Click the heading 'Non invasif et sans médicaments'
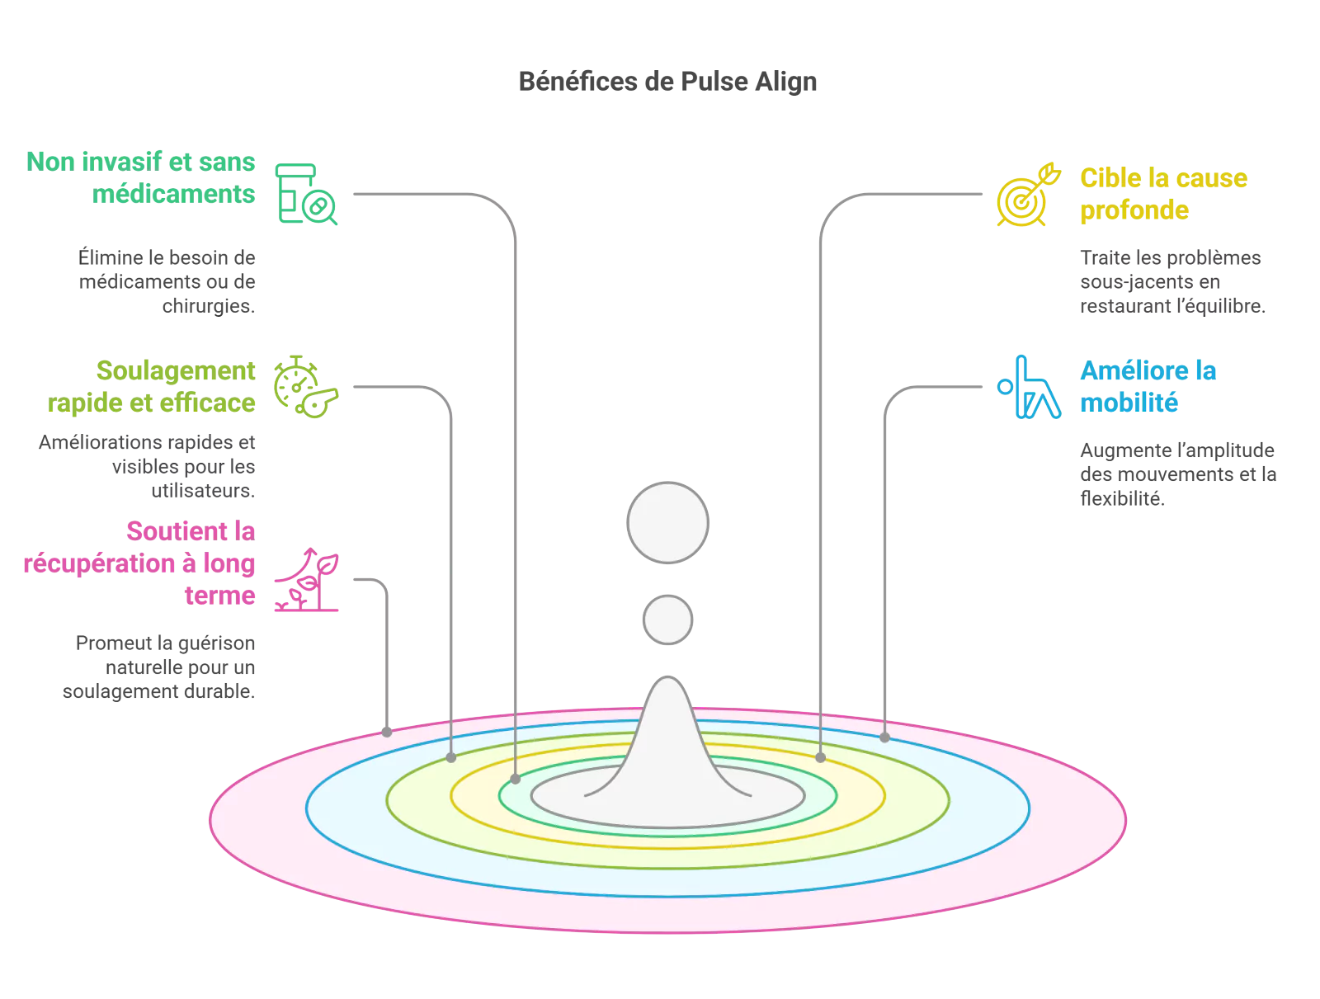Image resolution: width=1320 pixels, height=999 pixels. pos(141,177)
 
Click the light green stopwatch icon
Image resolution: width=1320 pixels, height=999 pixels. pos(305,386)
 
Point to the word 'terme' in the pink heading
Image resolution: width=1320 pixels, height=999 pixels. pos(220,596)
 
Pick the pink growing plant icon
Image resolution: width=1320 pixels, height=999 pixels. pos(308,579)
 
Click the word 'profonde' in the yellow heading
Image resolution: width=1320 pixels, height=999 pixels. pos(1134,210)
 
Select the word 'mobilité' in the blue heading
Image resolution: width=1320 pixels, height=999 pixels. pos(1129,403)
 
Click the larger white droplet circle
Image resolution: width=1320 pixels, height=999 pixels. pos(667,523)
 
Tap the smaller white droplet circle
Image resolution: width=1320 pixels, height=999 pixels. pos(667,620)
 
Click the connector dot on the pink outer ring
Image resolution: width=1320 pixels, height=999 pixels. pos(387,732)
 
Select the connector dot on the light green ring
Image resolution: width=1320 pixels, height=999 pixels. pos(451,757)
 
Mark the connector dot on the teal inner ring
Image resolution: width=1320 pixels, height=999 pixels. pos(516,778)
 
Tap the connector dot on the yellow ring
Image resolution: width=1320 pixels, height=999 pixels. pos(820,757)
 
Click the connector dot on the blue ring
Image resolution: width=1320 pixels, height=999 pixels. pos(884,737)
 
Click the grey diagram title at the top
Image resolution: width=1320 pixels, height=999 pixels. pos(667,82)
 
